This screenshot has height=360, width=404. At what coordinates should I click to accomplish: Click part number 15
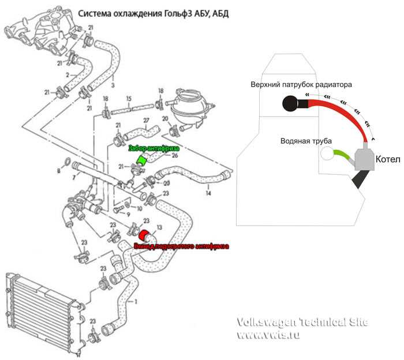[129, 98]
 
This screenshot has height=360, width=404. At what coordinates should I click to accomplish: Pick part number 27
[145, 121]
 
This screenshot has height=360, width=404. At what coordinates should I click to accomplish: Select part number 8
[58, 171]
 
